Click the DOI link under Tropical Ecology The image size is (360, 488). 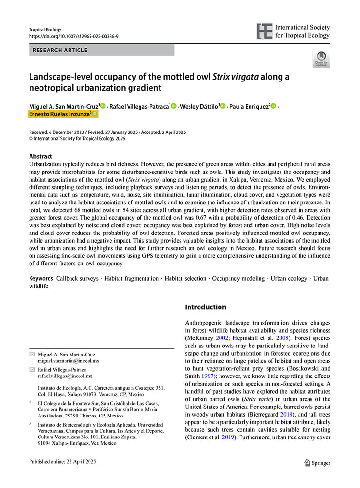73,36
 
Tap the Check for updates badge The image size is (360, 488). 321,60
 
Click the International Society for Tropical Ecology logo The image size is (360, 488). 292,31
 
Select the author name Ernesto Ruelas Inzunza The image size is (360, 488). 59,114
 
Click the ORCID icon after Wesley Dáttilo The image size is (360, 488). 222,106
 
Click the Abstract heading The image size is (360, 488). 40,156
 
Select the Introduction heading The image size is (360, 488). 205,307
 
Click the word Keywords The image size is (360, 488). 41,278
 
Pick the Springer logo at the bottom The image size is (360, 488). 317,463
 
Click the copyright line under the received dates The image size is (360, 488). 77,139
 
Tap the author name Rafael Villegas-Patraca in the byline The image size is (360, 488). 139,106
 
